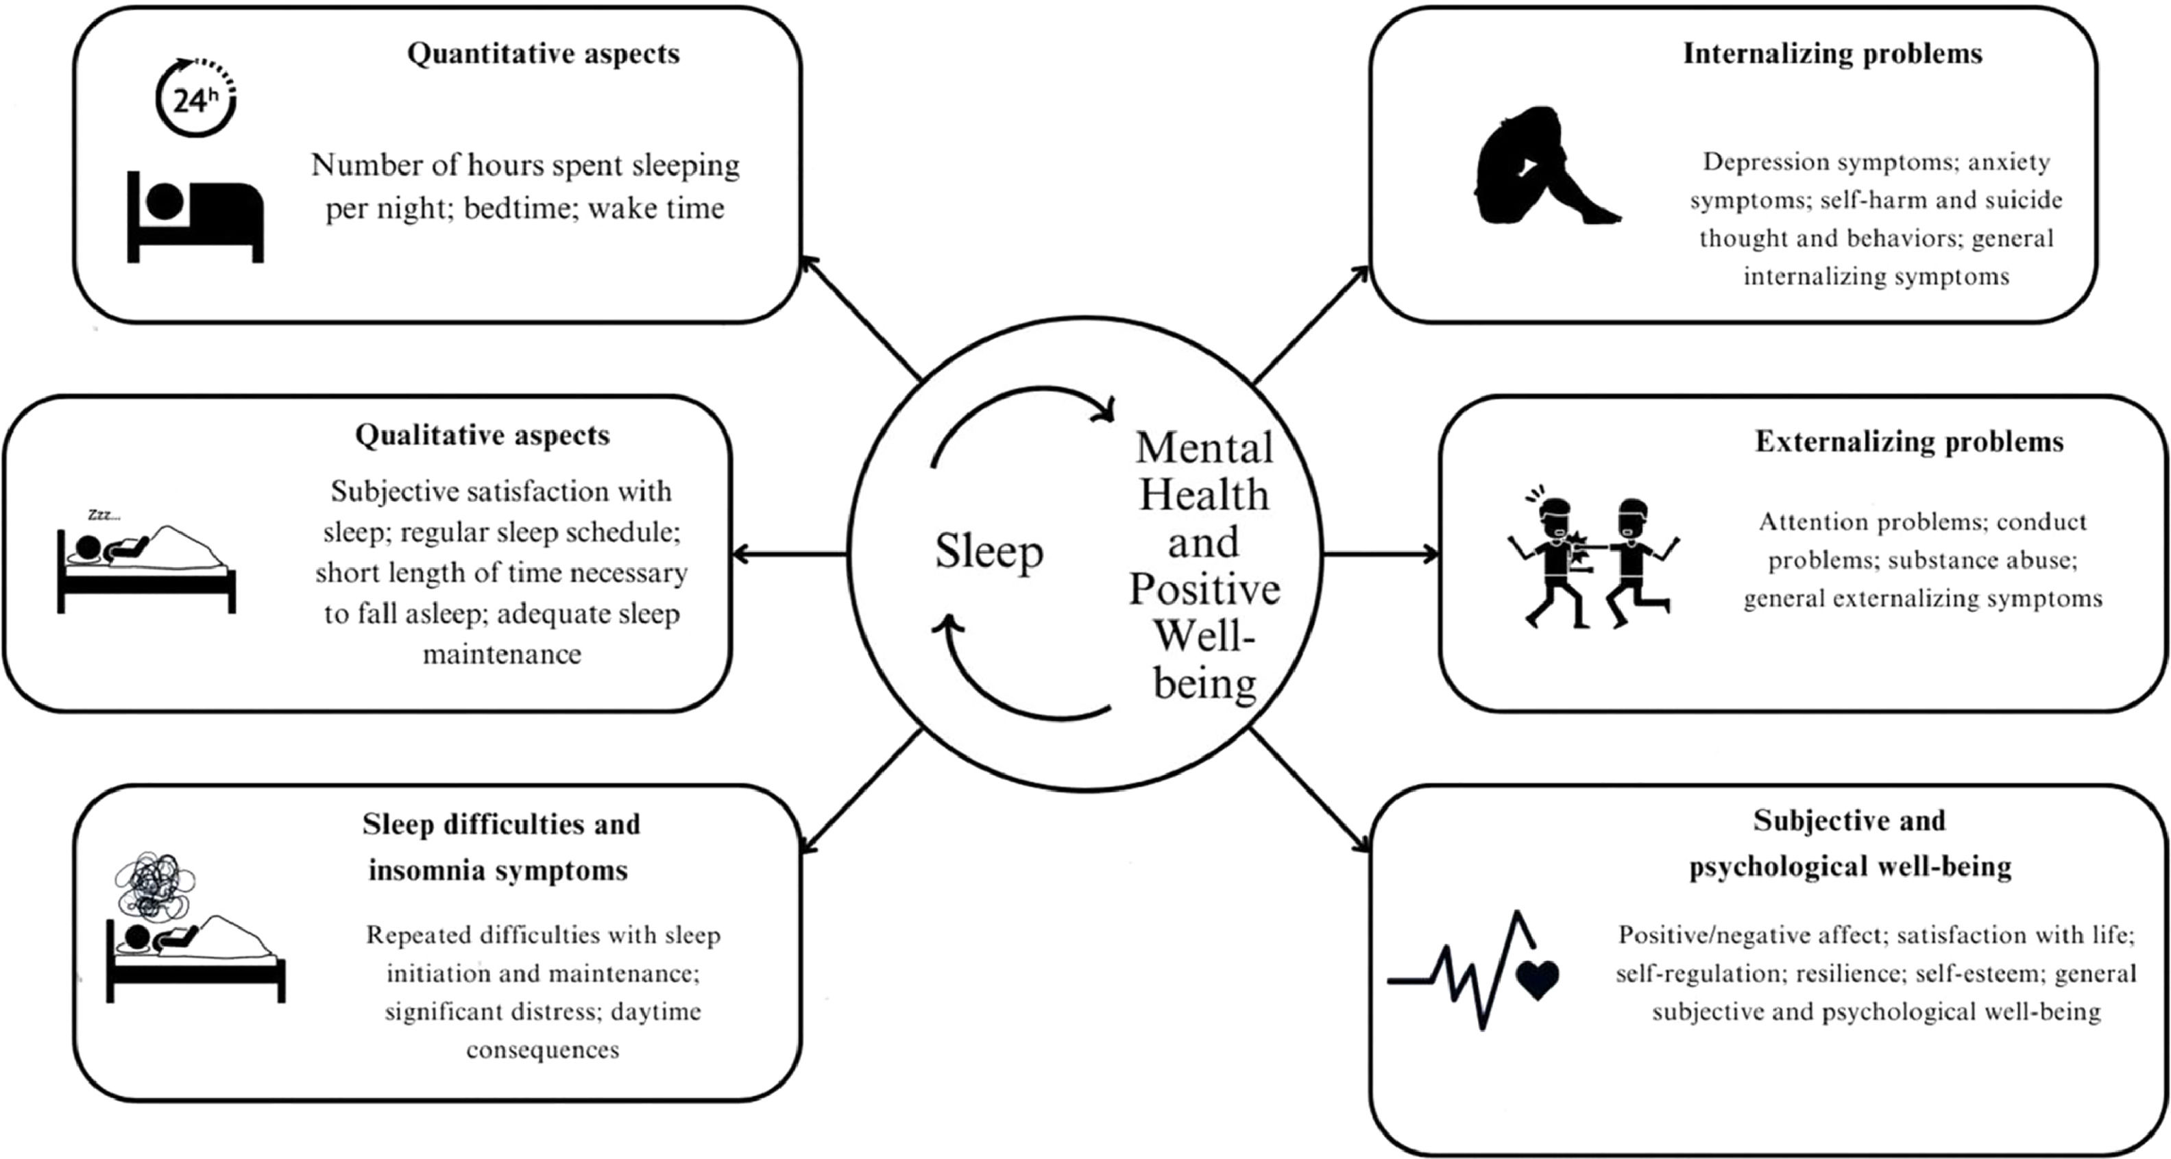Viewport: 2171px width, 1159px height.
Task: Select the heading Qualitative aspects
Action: click(482, 436)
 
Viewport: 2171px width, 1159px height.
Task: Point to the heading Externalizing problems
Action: click(1909, 441)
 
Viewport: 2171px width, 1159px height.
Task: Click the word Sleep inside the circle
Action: click(989, 552)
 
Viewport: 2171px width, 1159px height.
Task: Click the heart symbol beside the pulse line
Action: click(1537, 980)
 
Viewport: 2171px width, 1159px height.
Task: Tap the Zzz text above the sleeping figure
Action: click(104, 515)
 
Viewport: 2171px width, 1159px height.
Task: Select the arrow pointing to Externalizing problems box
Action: click(1382, 554)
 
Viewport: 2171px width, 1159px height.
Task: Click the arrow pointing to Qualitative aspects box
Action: click(788, 554)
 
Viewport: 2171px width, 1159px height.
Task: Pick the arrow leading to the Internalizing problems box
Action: click(1311, 324)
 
